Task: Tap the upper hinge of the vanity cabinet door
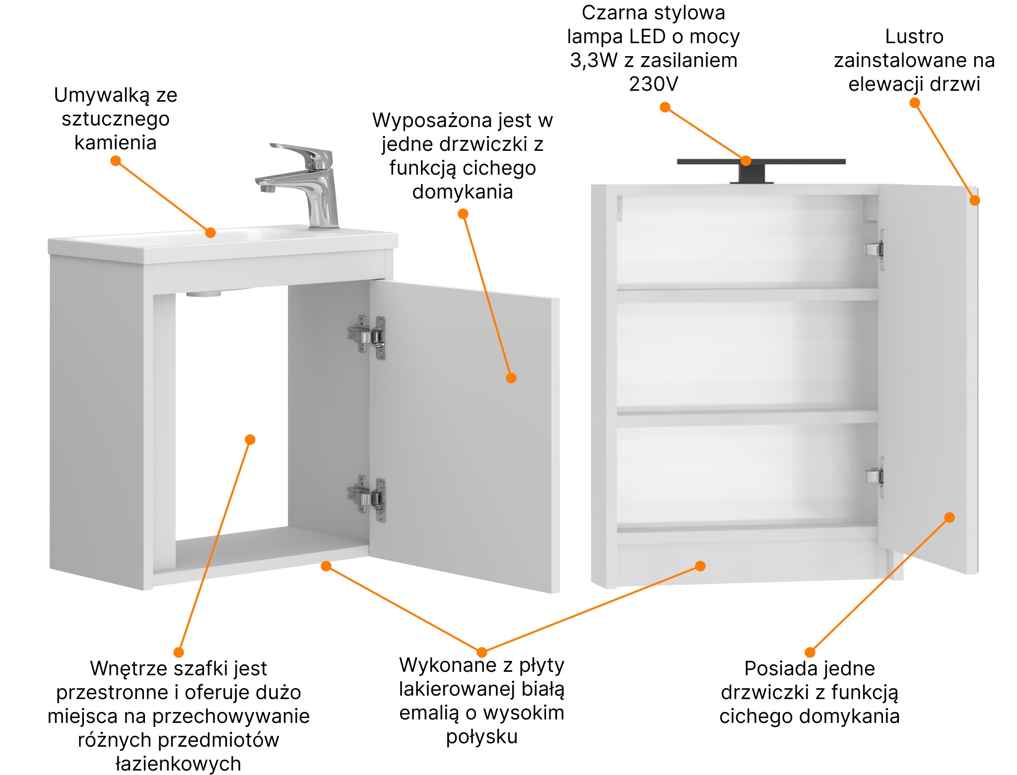point(367,337)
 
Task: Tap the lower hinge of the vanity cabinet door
point(367,498)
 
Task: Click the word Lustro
point(914,36)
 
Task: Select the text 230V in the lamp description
point(653,84)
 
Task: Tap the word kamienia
point(115,142)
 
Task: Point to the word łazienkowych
point(178,764)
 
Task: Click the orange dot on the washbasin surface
point(210,232)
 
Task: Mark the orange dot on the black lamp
point(746,161)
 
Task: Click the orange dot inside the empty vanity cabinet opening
point(250,440)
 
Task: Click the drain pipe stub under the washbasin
point(203,294)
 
